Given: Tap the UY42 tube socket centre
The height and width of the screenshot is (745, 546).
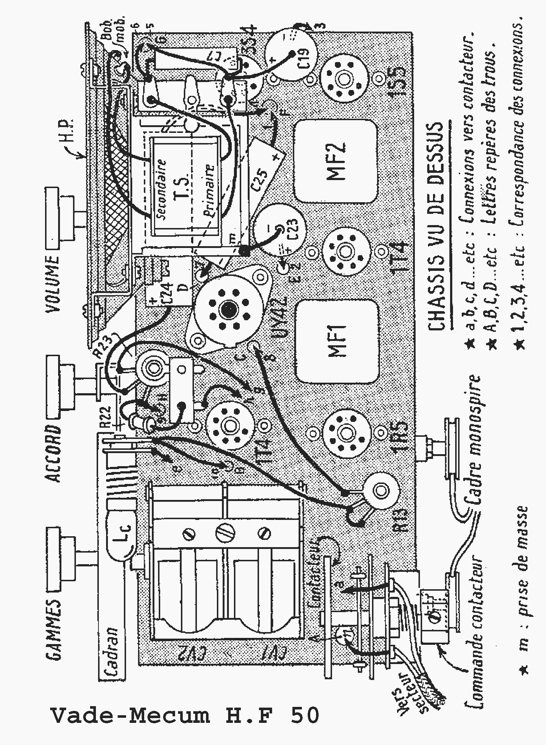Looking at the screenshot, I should pos(228,309).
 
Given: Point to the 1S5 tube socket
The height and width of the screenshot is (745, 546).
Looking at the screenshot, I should pos(343,78).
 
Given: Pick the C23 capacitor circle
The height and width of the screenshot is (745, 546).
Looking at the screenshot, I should pos(279,229).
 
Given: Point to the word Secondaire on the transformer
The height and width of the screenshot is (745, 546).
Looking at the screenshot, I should pos(161,189).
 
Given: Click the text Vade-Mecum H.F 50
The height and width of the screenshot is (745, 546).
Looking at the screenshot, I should pos(185,715).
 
